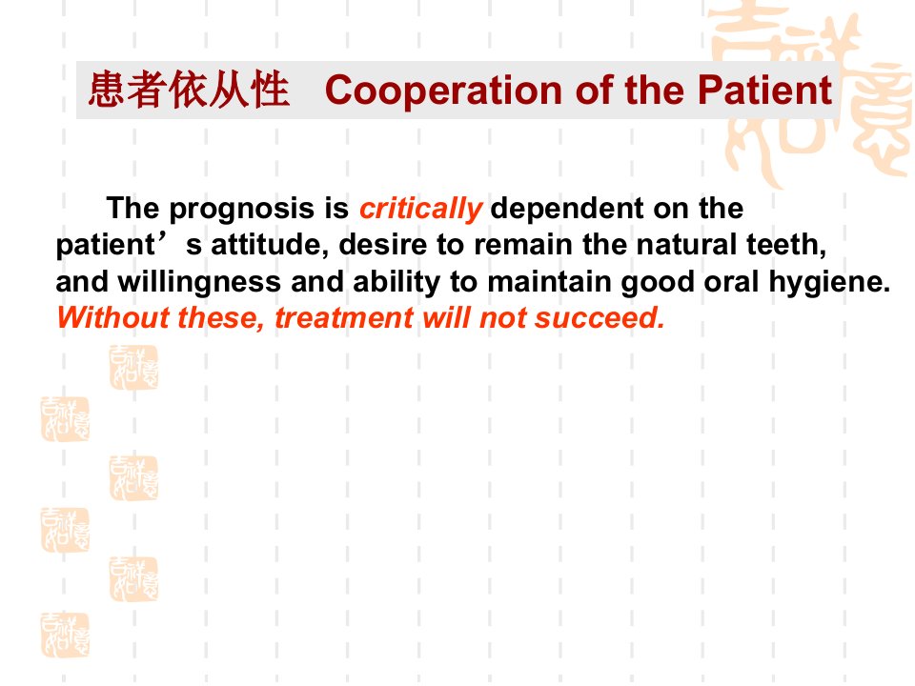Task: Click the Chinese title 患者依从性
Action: click(189, 90)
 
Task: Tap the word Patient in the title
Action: click(764, 90)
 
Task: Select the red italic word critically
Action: click(420, 210)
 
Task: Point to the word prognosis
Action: click(241, 210)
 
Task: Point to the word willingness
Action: click(199, 282)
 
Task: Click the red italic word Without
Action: click(112, 318)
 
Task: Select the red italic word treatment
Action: click(344, 318)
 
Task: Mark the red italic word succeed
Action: click(600, 318)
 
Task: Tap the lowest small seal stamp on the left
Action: click(65, 635)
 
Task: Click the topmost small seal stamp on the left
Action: click(133, 367)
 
